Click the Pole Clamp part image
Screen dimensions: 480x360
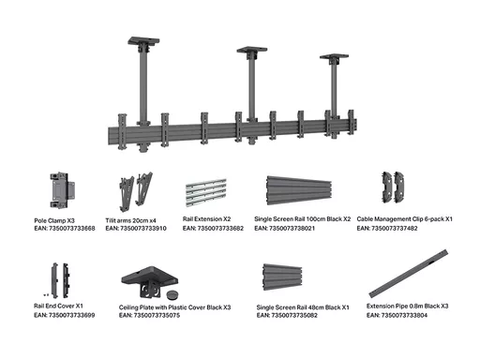tap(62, 190)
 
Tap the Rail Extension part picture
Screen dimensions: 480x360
tap(206, 192)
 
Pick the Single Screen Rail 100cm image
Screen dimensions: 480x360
tap(299, 190)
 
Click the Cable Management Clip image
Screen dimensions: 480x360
tap(393, 187)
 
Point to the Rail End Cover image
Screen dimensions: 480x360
tap(60, 280)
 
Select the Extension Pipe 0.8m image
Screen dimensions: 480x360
tap(409, 274)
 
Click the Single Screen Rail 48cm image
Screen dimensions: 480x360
tap(282, 277)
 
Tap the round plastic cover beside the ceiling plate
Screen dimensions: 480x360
tap(172, 294)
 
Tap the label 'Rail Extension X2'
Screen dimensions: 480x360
tap(206, 219)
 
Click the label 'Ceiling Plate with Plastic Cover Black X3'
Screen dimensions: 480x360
tap(174, 307)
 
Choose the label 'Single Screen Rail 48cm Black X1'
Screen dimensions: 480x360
tap(303, 307)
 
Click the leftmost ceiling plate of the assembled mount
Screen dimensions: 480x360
tap(143, 41)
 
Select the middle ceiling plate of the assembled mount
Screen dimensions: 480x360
tap(252, 50)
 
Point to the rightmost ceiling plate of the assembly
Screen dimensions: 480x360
tap(334, 57)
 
